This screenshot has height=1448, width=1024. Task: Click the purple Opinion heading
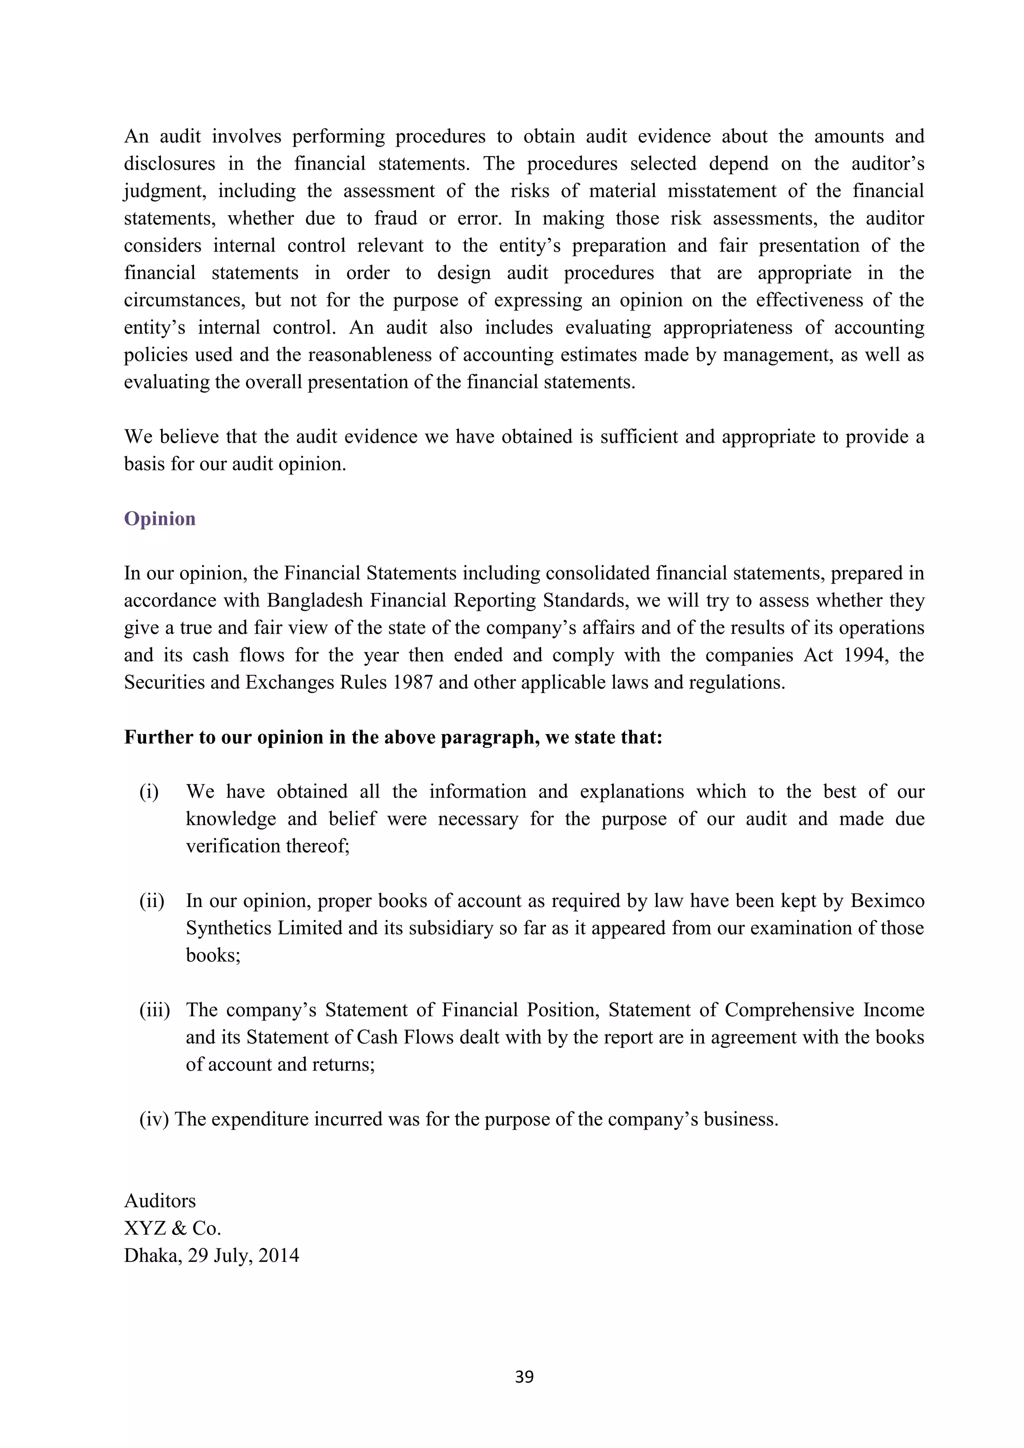159,518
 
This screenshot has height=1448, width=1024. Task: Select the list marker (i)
149,791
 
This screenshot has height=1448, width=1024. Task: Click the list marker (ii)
151,900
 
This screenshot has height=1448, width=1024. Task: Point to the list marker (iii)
154,1009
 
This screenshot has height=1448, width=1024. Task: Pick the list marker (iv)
154,1119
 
